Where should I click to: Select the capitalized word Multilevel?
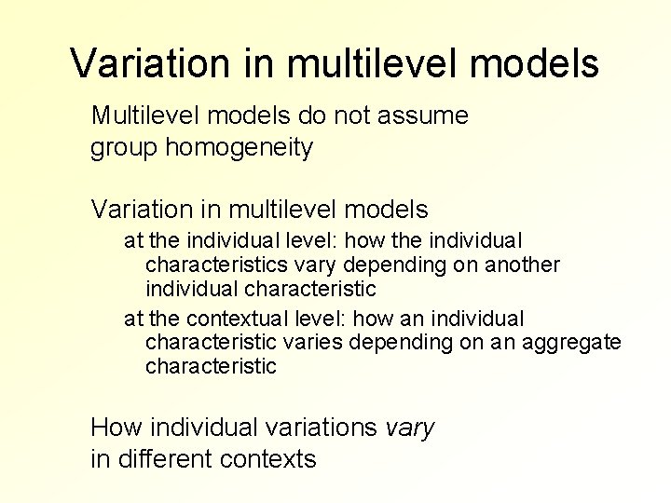click(146, 116)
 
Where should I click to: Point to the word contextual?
click(209, 319)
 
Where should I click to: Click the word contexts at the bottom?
click(275, 459)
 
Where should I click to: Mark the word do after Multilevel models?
click(312, 116)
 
